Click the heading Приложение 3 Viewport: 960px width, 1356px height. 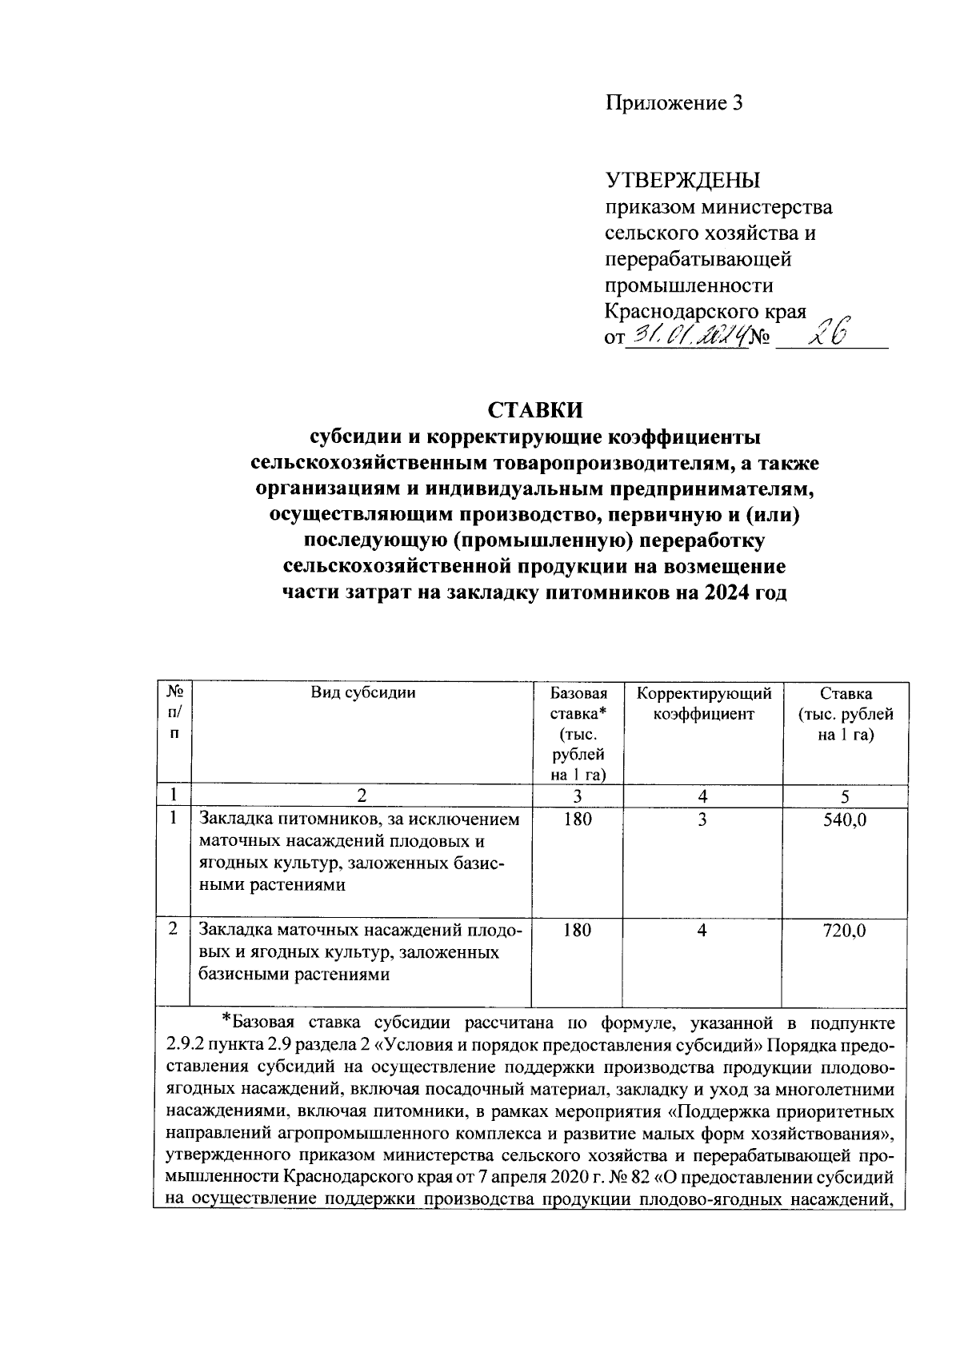coord(674,102)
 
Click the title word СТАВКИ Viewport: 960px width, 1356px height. coord(535,410)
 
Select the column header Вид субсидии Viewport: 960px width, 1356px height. coord(362,693)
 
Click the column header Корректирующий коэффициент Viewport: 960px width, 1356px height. coord(703,704)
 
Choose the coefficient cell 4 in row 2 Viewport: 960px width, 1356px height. coord(702,930)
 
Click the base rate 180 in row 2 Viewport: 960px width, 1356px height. coord(578,930)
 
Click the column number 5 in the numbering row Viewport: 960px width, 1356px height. coord(845,796)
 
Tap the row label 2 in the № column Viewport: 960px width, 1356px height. coord(173,929)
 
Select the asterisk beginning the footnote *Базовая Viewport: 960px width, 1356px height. coord(226,1019)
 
